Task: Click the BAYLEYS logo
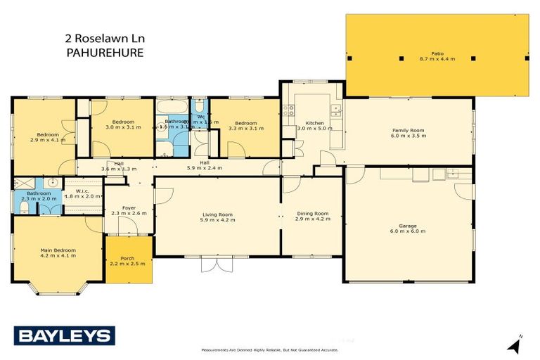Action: click(63, 335)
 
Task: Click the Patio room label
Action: click(437, 56)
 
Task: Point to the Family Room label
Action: click(408, 133)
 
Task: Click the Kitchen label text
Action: click(309, 126)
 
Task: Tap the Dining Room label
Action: click(312, 216)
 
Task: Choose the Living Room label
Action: click(217, 217)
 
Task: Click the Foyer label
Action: click(128, 210)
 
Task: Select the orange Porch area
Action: click(128, 260)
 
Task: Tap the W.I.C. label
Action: click(83, 193)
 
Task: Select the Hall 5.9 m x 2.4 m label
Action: click(205, 166)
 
